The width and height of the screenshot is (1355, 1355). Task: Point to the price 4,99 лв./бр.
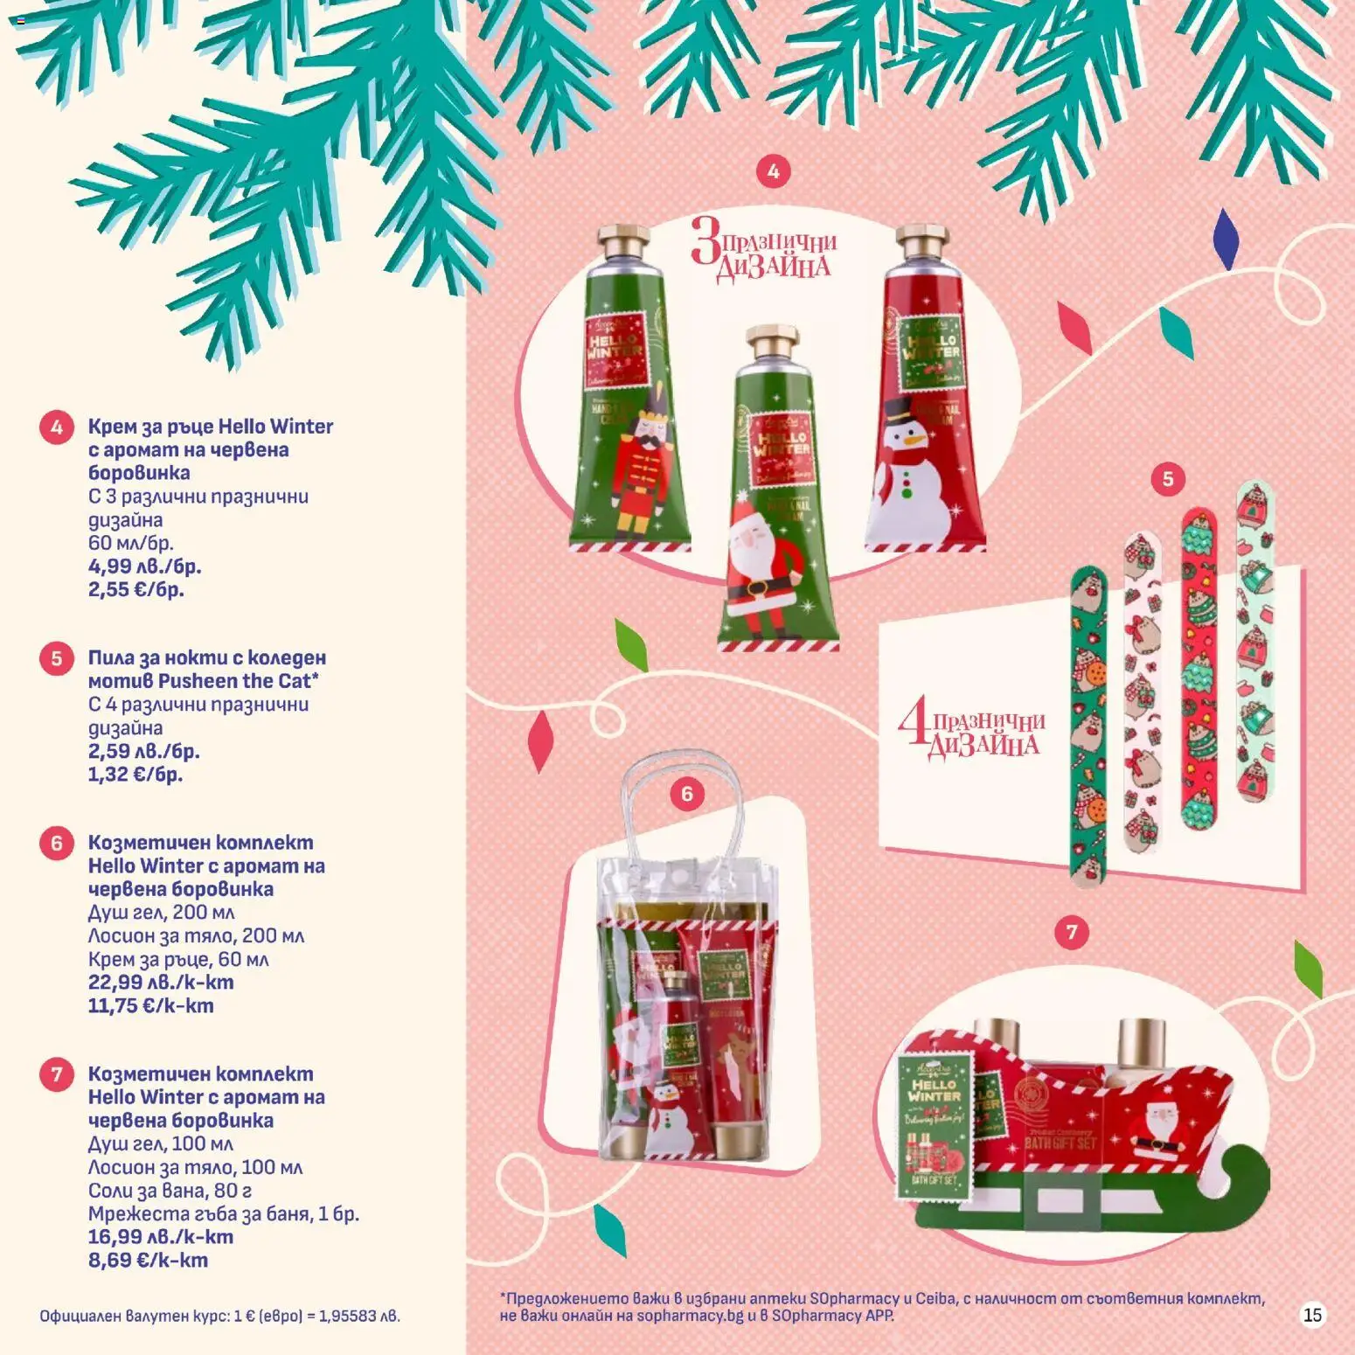click(x=144, y=566)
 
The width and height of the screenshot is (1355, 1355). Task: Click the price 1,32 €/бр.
click(x=135, y=775)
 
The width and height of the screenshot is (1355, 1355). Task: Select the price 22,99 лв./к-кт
click(x=161, y=983)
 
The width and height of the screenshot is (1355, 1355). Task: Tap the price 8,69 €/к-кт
click(x=148, y=1261)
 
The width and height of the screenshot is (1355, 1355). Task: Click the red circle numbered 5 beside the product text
click(x=57, y=657)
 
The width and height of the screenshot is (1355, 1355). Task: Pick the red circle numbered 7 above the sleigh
click(x=1072, y=932)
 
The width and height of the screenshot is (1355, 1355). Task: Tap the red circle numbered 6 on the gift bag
click(x=686, y=794)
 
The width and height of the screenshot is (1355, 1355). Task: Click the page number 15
click(x=1312, y=1315)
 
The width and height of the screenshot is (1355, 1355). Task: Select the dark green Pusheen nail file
click(x=1088, y=726)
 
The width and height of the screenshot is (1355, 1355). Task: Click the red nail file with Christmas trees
click(x=1199, y=669)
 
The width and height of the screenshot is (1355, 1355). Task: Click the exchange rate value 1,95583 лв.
click(x=359, y=1316)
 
